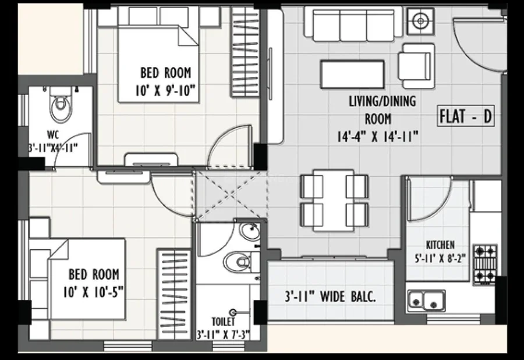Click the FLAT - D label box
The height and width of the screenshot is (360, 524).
click(x=466, y=117)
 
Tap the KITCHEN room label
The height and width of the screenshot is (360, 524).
click(x=440, y=245)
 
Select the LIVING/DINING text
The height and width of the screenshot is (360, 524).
click(x=383, y=101)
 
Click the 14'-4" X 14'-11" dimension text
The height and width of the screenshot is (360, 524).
click(x=378, y=136)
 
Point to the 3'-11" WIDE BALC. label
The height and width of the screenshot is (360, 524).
click(x=330, y=297)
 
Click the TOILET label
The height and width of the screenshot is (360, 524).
click(x=223, y=322)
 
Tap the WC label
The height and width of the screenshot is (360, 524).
click(x=53, y=135)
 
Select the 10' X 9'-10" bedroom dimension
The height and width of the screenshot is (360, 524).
click(x=165, y=91)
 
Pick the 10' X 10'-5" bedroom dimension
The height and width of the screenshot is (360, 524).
click(x=93, y=292)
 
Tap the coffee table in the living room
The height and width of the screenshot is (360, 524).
click(x=352, y=74)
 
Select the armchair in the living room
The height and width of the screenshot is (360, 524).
click(x=416, y=65)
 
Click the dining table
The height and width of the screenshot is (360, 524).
click(x=334, y=200)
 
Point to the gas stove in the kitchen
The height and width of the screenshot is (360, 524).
click(x=485, y=264)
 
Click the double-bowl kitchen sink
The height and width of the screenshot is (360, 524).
click(x=426, y=301)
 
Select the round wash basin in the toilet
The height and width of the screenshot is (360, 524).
click(x=250, y=232)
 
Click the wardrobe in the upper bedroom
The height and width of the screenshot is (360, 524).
click(x=245, y=52)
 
